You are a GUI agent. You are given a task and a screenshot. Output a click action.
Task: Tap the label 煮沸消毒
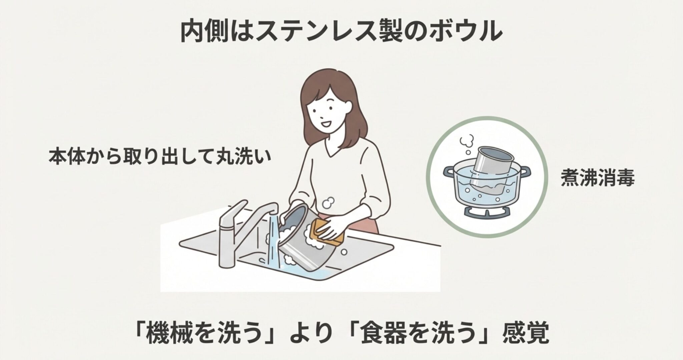point(598,178)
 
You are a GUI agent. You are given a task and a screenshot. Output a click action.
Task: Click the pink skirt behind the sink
point(364,223)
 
